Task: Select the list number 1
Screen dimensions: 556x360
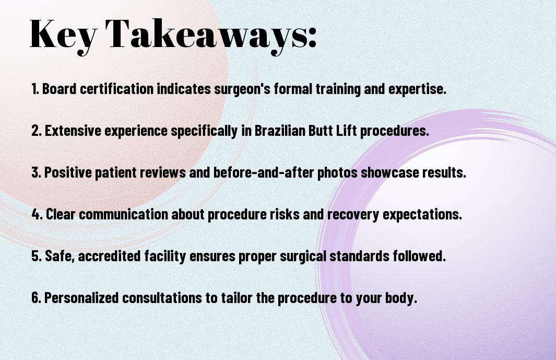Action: tap(35, 89)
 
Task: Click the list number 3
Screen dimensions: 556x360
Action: tap(36, 172)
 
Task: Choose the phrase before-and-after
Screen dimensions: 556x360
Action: tap(264, 172)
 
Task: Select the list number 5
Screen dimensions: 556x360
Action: tap(37, 256)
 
